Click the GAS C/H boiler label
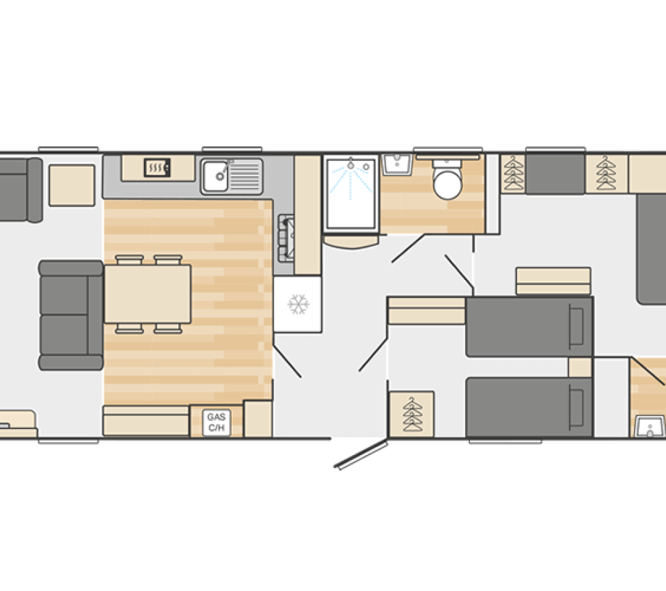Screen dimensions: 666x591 click(x=217, y=423)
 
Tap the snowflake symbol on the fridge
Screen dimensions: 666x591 click(x=299, y=304)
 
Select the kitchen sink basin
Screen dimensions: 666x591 click(x=215, y=176)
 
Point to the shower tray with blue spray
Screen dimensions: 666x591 click(x=351, y=194)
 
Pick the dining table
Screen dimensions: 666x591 click(x=148, y=294)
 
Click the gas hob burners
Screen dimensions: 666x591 click(x=286, y=238)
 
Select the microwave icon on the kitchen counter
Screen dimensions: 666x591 click(x=157, y=168)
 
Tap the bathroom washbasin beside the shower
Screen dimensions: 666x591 click(x=397, y=165)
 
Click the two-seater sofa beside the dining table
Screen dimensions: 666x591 click(x=71, y=315)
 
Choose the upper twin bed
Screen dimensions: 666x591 click(x=529, y=327)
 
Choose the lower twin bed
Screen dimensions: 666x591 click(x=529, y=407)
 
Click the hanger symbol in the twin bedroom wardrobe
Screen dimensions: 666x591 click(x=413, y=414)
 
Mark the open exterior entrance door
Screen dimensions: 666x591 click(x=361, y=454)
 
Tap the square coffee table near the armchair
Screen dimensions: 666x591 click(x=72, y=186)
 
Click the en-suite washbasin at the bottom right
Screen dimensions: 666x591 click(x=650, y=426)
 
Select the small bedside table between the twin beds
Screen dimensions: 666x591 click(x=580, y=368)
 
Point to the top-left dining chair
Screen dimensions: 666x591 click(x=130, y=260)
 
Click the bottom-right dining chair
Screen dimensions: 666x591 click(x=168, y=329)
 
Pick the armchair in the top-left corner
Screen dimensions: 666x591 click(x=20, y=190)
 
